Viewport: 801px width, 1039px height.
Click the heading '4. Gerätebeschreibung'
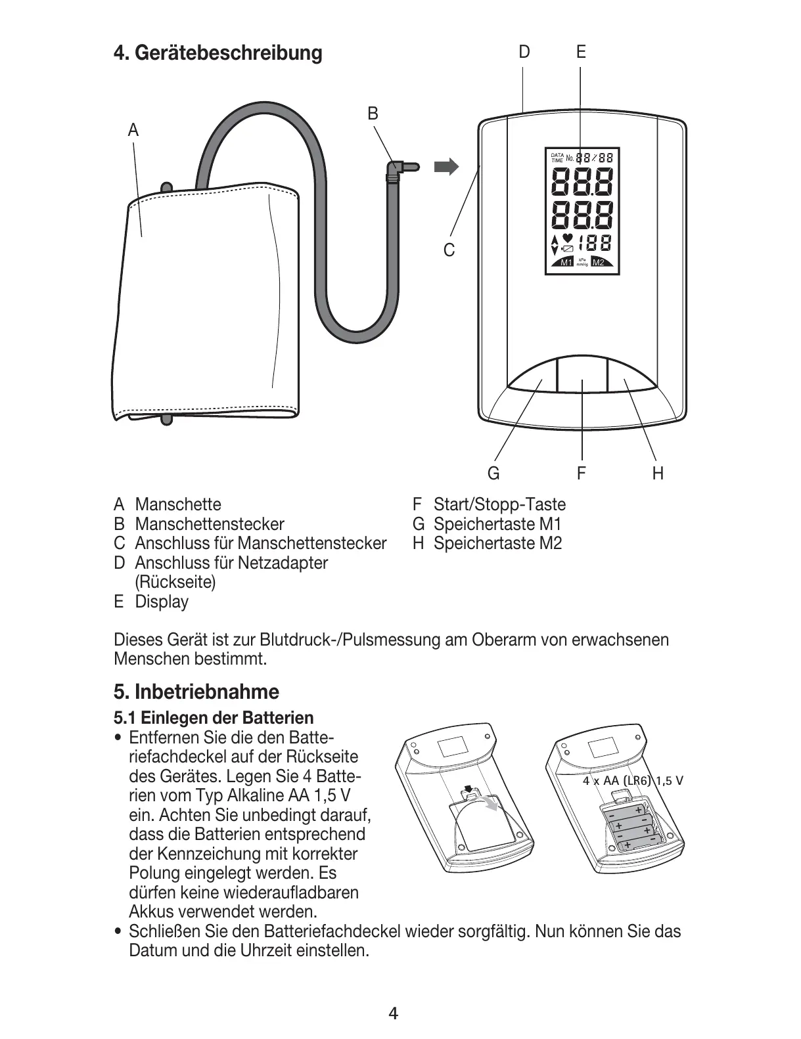click(217, 53)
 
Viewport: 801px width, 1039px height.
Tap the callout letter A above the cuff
click(133, 131)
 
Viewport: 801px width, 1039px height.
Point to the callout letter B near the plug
click(373, 114)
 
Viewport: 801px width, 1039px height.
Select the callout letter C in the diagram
click(449, 250)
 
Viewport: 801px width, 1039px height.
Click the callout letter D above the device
click(524, 52)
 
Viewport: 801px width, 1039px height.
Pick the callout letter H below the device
click(658, 473)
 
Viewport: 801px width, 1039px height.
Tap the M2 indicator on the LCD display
click(599, 263)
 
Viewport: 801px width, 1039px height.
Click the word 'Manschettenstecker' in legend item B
click(210, 524)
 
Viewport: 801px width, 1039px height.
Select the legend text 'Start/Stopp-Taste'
click(499, 504)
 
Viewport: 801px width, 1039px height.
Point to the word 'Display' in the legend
click(162, 602)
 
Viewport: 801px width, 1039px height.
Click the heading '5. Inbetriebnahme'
click(196, 692)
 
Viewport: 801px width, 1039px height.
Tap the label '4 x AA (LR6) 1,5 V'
click(633, 781)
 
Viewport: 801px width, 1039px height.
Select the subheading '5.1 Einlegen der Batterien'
click(214, 717)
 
